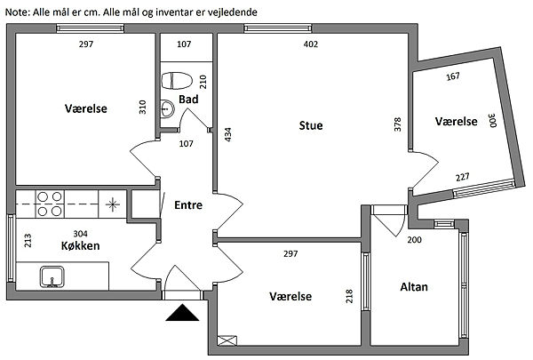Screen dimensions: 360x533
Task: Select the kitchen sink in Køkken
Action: (53, 276)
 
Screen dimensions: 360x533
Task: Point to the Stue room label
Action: (310, 125)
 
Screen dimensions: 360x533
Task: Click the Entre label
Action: (187, 204)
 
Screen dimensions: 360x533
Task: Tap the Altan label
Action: (414, 287)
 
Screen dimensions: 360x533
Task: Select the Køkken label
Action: (79, 246)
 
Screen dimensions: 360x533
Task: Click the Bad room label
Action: (187, 99)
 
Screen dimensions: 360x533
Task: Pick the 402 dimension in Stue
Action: (310, 44)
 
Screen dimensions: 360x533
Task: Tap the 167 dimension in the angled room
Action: (453, 76)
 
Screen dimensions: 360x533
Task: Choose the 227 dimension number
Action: (463, 176)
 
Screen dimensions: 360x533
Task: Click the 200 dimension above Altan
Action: (413, 240)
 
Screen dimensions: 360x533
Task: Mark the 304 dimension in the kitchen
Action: (79, 233)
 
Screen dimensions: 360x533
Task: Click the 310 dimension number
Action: (141, 107)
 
